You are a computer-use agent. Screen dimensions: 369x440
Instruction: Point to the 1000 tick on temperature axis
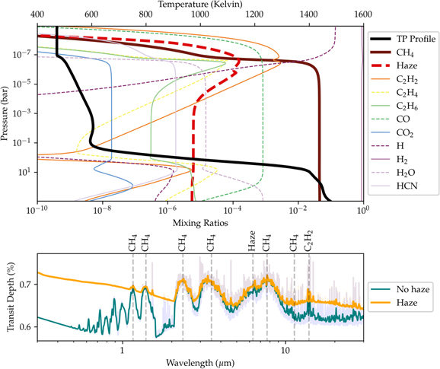[200, 14]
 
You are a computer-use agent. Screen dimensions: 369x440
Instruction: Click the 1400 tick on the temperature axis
[309, 14]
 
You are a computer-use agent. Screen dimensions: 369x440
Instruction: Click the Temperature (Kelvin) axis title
[200, 5]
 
